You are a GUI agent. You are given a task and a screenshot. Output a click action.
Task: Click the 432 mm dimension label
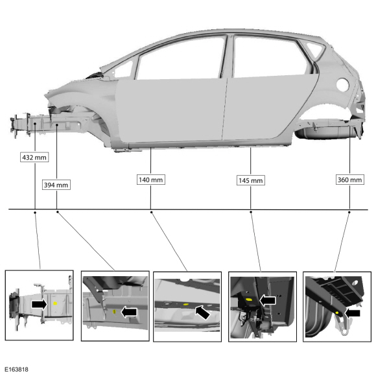pyautogui.click(x=34, y=158)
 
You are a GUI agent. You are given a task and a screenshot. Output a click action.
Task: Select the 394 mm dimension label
pyautogui.click(x=56, y=185)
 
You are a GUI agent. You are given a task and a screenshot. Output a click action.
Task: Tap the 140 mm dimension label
pyautogui.click(x=151, y=180)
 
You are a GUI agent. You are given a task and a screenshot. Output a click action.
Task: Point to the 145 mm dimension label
pyautogui.click(x=251, y=180)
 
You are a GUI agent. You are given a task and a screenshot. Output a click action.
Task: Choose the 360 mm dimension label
pyautogui.click(x=350, y=180)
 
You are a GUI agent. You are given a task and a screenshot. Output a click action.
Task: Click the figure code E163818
pyautogui.click(x=16, y=370)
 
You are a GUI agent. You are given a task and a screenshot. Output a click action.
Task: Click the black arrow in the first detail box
pyautogui.click(x=40, y=305)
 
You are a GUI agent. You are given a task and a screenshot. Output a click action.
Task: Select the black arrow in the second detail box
pyautogui.click(x=129, y=312)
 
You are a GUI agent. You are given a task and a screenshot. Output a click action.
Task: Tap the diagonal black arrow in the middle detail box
pyautogui.click(x=202, y=312)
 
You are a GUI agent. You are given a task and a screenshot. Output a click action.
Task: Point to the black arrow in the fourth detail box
pyautogui.click(x=268, y=300)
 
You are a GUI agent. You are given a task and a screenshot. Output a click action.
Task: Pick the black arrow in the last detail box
pyautogui.click(x=352, y=313)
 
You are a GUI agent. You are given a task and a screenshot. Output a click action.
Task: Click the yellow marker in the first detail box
pyautogui.click(x=55, y=303)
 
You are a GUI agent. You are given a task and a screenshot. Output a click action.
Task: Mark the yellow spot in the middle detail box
pyautogui.click(x=185, y=304)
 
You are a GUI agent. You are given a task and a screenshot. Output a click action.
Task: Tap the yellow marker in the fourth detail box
pyautogui.click(x=249, y=300)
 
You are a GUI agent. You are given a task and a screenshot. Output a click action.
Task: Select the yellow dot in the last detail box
pyautogui.click(x=337, y=313)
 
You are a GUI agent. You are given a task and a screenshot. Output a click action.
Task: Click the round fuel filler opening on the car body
pyautogui.click(x=342, y=85)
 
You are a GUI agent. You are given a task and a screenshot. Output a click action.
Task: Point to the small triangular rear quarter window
pyautogui.click(x=316, y=49)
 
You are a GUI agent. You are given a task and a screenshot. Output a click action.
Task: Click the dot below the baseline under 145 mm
pyautogui.click(x=251, y=212)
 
